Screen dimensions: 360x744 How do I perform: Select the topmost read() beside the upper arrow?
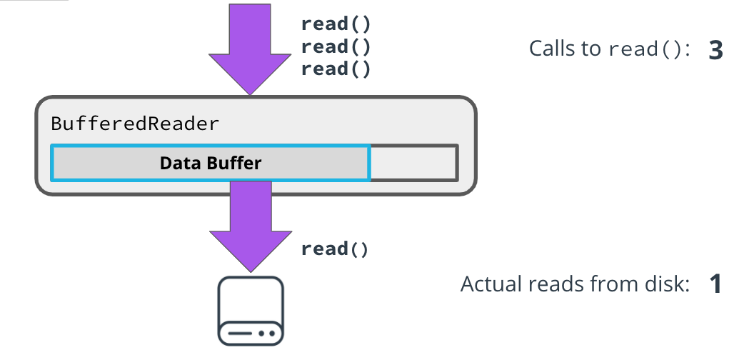(x=336, y=23)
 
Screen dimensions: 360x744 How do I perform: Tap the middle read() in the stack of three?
(x=336, y=46)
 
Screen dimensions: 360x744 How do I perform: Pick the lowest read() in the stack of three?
(x=336, y=69)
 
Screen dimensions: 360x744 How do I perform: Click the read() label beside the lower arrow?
(x=336, y=249)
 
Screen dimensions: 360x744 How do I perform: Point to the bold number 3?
(x=715, y=49)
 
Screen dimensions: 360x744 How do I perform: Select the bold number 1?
(x=715, y=284)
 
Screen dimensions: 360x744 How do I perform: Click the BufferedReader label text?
(x=135, y=124)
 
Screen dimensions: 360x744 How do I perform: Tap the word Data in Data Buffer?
(x=179, y=163)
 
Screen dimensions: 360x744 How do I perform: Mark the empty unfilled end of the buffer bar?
(x=413, y=163)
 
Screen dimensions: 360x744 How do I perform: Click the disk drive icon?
(x=251, y=311)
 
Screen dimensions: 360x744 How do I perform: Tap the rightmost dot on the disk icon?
(x=271, y=333)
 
